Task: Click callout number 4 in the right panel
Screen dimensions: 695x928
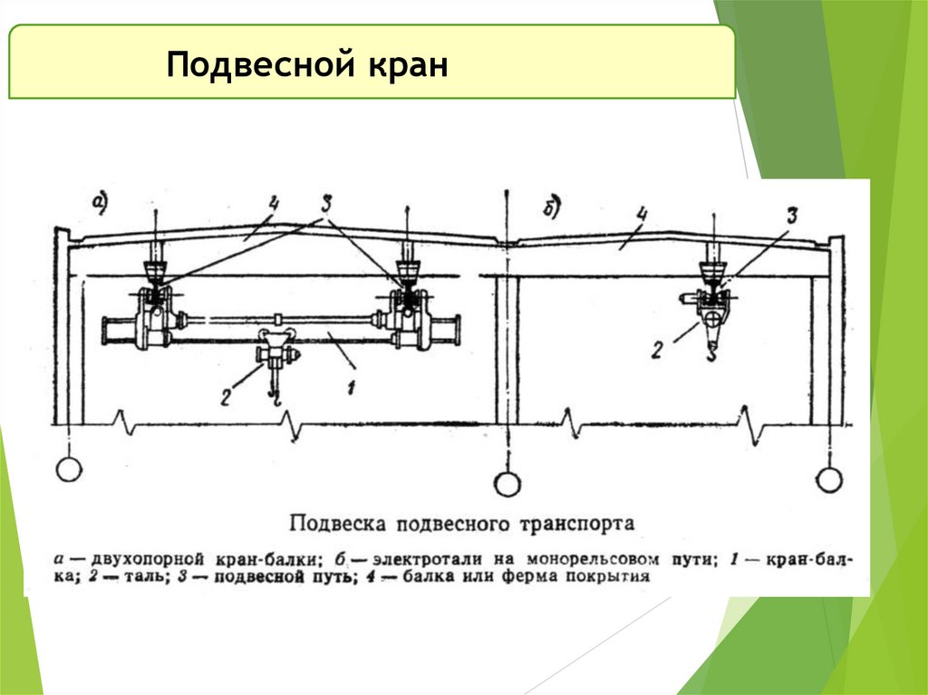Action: coord(642,214)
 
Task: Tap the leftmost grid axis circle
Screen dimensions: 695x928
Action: coord(69,468)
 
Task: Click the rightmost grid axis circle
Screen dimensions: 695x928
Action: coord(828,478)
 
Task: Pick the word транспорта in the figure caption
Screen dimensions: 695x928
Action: coord(578,524)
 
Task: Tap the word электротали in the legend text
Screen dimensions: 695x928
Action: coord(422,555)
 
